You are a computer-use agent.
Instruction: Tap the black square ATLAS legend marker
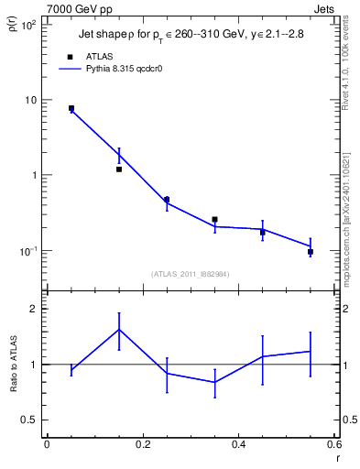[x=70, y=55]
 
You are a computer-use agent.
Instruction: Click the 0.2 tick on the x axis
[x=143, y=445]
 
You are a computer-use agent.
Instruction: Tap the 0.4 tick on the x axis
[x=239, y=445]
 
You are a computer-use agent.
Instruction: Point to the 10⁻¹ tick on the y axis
[x=29, y=251]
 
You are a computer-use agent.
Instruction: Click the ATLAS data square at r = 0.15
[x=119, y=169]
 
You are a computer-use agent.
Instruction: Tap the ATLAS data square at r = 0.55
[x=311, y=252]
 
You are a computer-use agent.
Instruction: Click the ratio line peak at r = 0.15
[x=119, y=329]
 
